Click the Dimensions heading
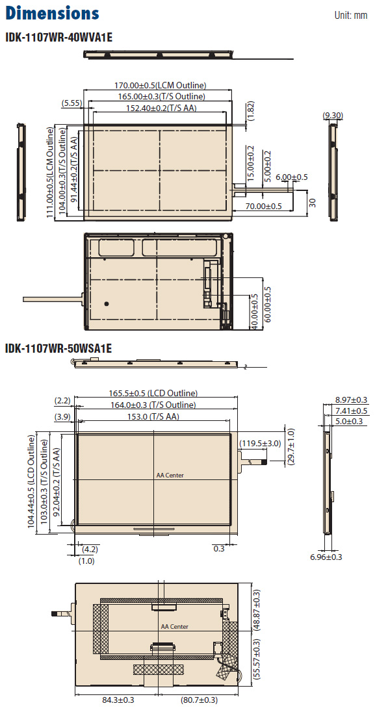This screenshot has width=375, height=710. pyautogui.click(x=52, y=13)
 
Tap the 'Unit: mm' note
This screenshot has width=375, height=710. pyautogui.click(x=350, y=16)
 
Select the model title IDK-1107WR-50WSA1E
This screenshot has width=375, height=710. pyautogui.click(x=58, y=349)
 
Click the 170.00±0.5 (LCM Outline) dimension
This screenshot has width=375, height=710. pyautogui.click(x=160, y=85)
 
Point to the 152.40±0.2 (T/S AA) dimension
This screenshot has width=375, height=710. pyautogui.click(x=158, y=108)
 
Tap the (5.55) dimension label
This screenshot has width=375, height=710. pyautogui.click(x=71, y=103)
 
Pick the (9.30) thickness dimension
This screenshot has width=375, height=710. pyautogui.click(x=333, y=116)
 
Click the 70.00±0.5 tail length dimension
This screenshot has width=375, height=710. pyautogui.click(x=264, y=206)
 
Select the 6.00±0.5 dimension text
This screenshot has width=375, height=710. pyautogui.click(x=292, y=177)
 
